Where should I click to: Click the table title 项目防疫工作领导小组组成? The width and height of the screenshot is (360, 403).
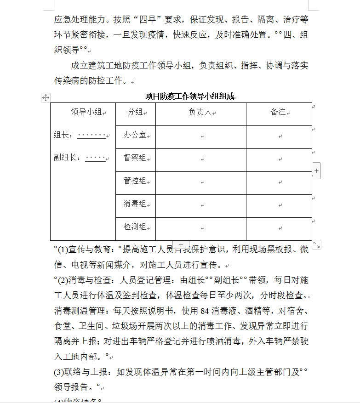[189, 96]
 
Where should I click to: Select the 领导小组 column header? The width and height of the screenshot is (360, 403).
[86, 112]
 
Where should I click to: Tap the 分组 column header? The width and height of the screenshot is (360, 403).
[135, 112]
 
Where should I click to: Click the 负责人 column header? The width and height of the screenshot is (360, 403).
[200, 112]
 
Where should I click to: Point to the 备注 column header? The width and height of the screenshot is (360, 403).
[278, 112]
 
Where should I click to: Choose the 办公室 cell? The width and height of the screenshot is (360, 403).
[135, 135]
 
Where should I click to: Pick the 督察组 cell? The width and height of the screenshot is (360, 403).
[135, 158]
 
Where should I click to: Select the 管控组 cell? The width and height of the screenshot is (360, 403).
[135, 181]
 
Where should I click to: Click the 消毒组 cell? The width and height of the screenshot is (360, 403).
[135, 204]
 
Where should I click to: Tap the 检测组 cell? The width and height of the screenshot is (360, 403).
[135, 227]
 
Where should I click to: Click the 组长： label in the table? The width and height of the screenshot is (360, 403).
[63, 135]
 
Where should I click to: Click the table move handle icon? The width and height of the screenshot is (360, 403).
[46, 97]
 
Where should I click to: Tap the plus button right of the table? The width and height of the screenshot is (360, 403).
[317, 171]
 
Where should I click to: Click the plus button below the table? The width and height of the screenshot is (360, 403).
[181, 245]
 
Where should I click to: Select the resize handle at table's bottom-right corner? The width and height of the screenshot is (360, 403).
[316, 244]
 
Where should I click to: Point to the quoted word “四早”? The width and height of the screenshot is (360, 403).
[147, 20]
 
